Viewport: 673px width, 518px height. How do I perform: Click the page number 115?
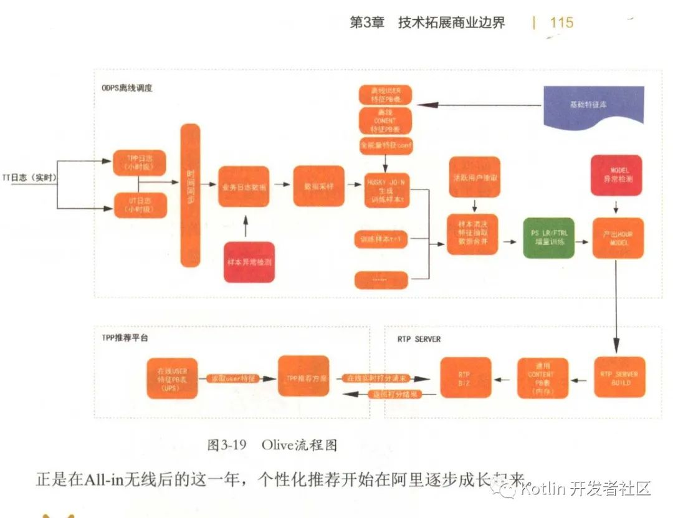tap(561, 23)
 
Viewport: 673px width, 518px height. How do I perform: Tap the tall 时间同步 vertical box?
tap(191, 194)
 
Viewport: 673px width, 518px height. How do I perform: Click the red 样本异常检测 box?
tap(249, 262)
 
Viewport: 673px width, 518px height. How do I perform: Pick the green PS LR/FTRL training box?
tap(548, 238)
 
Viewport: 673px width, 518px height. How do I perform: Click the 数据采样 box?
tap(319, 186)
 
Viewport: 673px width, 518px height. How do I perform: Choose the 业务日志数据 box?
tap(244, 186)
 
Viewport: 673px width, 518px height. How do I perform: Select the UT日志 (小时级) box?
tap(140, 206)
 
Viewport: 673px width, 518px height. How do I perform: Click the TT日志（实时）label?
tap(29, 178)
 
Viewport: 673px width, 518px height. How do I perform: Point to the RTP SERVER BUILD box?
tap(619, 378)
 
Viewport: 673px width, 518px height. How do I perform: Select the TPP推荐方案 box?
tap(303, 377)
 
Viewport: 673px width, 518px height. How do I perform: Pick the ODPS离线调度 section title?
tap(127, 88)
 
